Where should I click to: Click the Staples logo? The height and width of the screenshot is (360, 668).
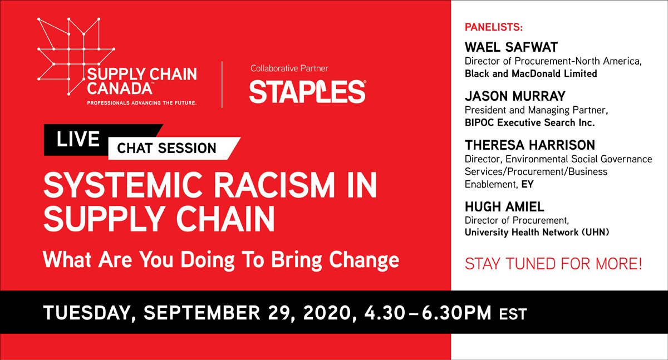pyautogui.click(x=307, y=91)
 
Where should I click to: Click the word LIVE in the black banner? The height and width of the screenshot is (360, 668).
pyautogui.click(x=78, y=139)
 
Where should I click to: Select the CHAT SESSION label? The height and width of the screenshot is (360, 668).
pyautogui.click(x=166, y=148)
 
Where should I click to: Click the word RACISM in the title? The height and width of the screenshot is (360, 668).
pyautogui.click(x=274, y=185)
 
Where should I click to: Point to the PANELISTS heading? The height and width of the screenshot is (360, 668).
pyautogui.click(x=494, y=27)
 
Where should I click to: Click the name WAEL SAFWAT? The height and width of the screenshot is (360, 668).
pyautogui.click(x=511, y=47)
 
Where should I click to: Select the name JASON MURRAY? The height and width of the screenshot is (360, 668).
pyautogui.click(x=515, y=96)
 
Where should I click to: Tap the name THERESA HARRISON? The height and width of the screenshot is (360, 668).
pyautogui.click(x=530, y=145)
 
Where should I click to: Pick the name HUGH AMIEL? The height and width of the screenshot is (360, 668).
pyautogui.click(x=504, y=206)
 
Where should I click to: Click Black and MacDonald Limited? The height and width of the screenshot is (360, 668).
pyautogui.click(x=531, y=73)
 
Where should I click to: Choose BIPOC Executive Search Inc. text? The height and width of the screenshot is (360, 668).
pyautogui.click(x=529, y=122)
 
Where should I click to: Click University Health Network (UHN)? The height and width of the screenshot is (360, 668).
pyautogui.click(x=537, y=233)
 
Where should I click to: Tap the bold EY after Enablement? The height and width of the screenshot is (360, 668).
pyautogui.click(x=527, y=184)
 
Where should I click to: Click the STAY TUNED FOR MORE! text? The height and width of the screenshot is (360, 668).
pyautogui.click(x=553, y=264)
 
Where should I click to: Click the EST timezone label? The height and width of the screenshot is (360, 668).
pyautogui.click(x=513, y=314)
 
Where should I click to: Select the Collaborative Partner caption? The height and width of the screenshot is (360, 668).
pyautogui.click(x=289, y=68)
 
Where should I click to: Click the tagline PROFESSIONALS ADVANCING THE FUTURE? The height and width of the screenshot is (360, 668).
pyautogui.click(x=141, y=103)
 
